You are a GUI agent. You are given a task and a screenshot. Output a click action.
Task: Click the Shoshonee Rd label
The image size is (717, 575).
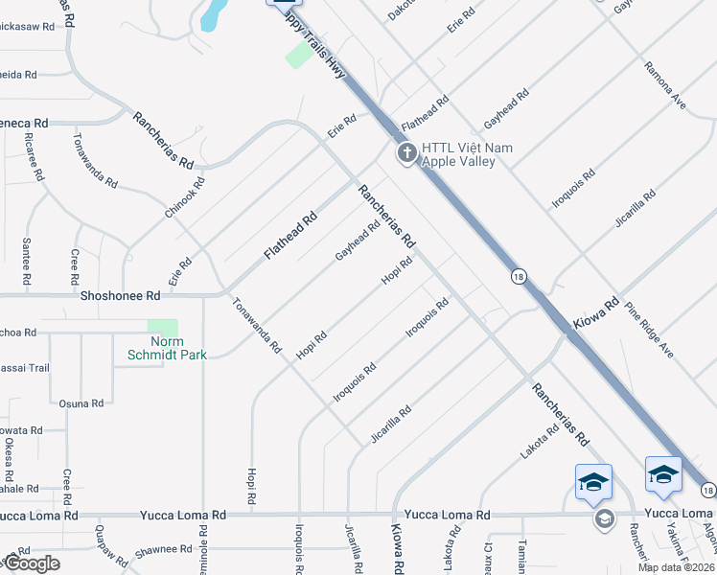tap(121, 297)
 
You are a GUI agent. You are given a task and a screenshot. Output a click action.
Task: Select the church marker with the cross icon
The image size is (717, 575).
tap(406, 153)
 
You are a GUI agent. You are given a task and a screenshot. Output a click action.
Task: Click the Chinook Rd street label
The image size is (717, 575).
tap(186, 196)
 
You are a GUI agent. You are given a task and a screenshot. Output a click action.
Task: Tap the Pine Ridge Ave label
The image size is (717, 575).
tap(649, 331)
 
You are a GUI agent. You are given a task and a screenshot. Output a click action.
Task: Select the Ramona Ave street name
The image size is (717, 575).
tap(665, 86)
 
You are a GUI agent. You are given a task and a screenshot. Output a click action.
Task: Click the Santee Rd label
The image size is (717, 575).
tap(26, 254)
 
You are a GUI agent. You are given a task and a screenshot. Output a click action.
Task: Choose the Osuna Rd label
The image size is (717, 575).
tap(81, 403)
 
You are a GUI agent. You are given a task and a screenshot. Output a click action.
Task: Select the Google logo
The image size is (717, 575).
tap(31, 563)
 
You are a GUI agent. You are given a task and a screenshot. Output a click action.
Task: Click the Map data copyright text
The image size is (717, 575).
tap(677, 567)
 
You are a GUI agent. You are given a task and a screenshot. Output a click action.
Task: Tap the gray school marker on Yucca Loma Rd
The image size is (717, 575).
tap(604, 518)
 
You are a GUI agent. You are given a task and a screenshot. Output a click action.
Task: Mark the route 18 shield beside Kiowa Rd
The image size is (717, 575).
tap(518, 276)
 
